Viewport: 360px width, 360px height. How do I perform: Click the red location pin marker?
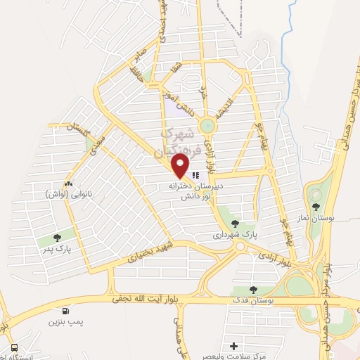pos(181,167)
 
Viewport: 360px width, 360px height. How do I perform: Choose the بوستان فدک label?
pos(255,300)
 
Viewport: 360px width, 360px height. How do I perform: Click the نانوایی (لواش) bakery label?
pos(68,193)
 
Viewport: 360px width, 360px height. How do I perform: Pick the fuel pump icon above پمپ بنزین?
pos(66,311)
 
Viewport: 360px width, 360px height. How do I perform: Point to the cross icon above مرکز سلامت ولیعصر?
pos(234,346)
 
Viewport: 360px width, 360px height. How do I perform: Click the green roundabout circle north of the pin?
pos(207,125)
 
